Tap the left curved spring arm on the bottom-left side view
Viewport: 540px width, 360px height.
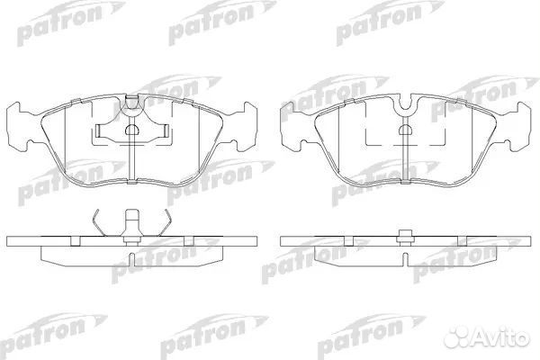click(102, 223)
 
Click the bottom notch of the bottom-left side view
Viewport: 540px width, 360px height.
click(132, 258)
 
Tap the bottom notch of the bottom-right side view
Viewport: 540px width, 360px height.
click(406, 258)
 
